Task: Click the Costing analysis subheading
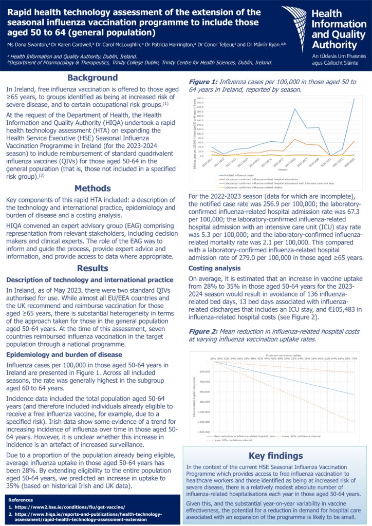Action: click(x=214, y=268)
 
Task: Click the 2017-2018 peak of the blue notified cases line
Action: click(x=295, y=109)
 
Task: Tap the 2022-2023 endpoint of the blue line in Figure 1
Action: click(x=354, y=99)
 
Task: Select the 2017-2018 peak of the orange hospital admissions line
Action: click(x=295, y=140)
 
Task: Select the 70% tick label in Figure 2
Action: click(x=355, y=358)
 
